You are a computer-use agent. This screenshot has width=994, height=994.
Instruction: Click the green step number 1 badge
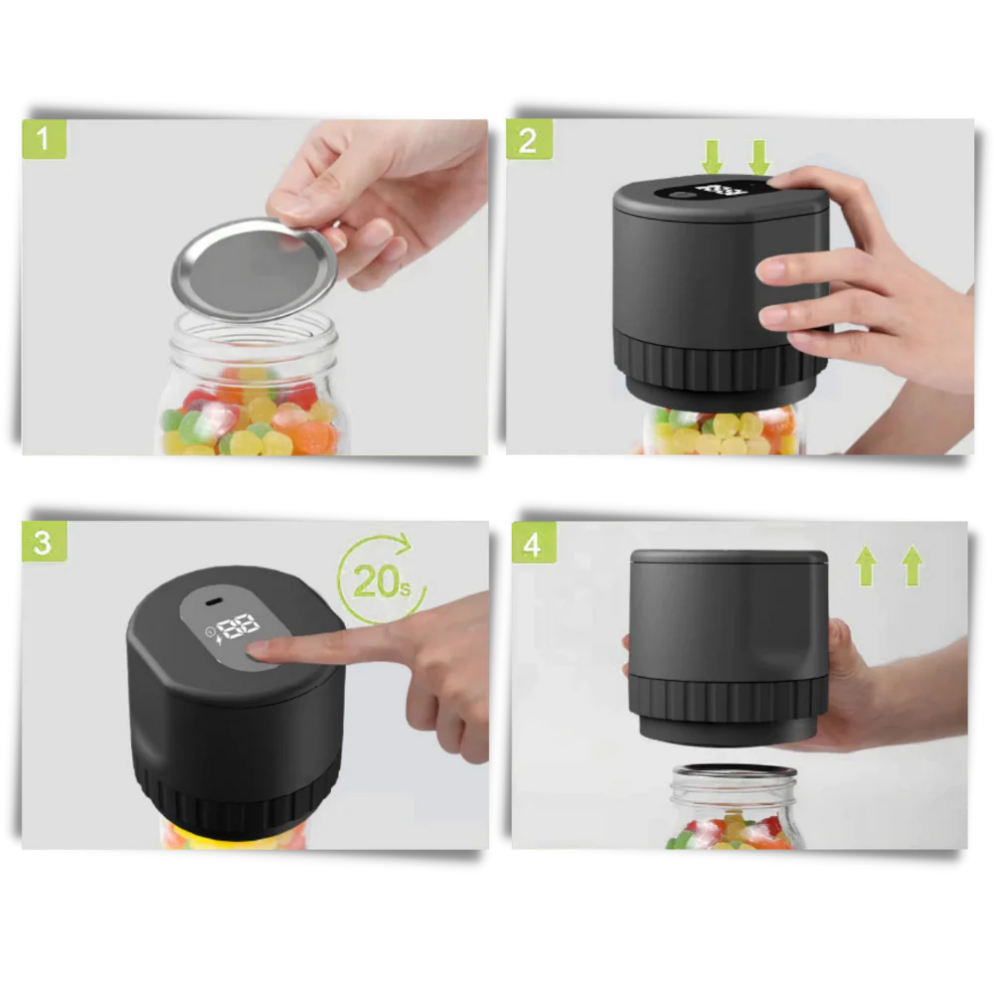click(x=43, y=139)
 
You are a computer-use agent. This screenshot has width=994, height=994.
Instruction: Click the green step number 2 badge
click(x=528, y=139)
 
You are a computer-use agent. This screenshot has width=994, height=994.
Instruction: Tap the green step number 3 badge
click(x=43, y=542)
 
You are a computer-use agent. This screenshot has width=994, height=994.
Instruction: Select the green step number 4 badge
click(x=533, y=544)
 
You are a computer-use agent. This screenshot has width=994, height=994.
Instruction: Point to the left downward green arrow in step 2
click(x=713, y=156)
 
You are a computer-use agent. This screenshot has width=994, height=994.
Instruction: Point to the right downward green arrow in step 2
click(x=759, y=156)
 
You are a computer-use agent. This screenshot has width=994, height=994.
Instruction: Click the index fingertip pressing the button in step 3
click(x=261, y=650)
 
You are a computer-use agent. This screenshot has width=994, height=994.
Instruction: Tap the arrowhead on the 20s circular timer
click(x=402, y=542)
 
